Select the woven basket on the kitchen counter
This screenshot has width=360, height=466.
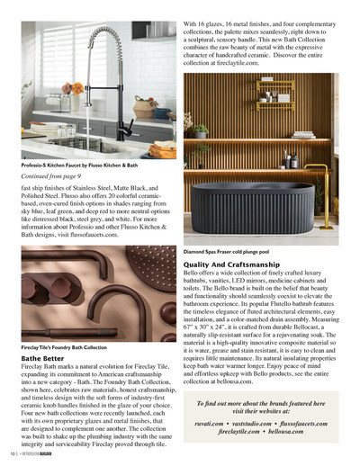click(144, 108)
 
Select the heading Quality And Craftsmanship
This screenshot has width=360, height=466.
click(237, 265)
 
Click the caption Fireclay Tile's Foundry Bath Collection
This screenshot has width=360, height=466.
click(63, 346)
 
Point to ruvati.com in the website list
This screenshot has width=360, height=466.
click(211, 422)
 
